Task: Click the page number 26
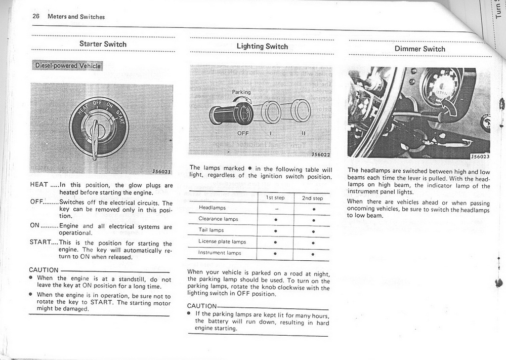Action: [36, 17]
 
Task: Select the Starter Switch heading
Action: [103, 44]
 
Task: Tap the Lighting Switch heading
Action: [262, 47]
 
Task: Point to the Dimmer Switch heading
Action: [420, 49]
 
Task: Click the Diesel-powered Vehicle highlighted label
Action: [67, 66]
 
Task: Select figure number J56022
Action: [321, 154]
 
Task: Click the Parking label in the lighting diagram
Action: [241, 92]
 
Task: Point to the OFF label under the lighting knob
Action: [243, 134]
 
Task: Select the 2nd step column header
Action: [313, 198]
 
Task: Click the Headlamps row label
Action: [213, 208]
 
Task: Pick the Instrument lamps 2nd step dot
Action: [313, 253]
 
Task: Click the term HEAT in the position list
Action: [39, 185]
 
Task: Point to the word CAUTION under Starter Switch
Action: [44, 270]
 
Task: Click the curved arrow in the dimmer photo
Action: [449, 107]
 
